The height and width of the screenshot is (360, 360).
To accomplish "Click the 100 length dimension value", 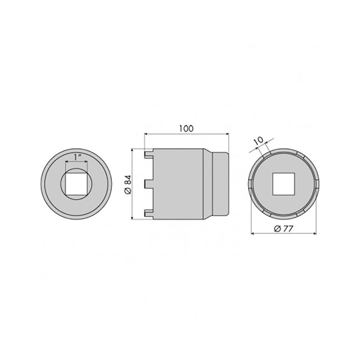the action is click(186, 129).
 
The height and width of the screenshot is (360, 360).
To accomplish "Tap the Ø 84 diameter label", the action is click(128, 184).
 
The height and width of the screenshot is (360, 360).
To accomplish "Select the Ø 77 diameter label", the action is click(284, 229).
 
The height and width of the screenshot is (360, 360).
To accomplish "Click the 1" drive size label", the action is click(77, 158).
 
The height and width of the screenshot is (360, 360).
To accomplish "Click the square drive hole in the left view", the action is click(76, 184).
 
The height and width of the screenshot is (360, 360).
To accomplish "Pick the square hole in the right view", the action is click(284, 184).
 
